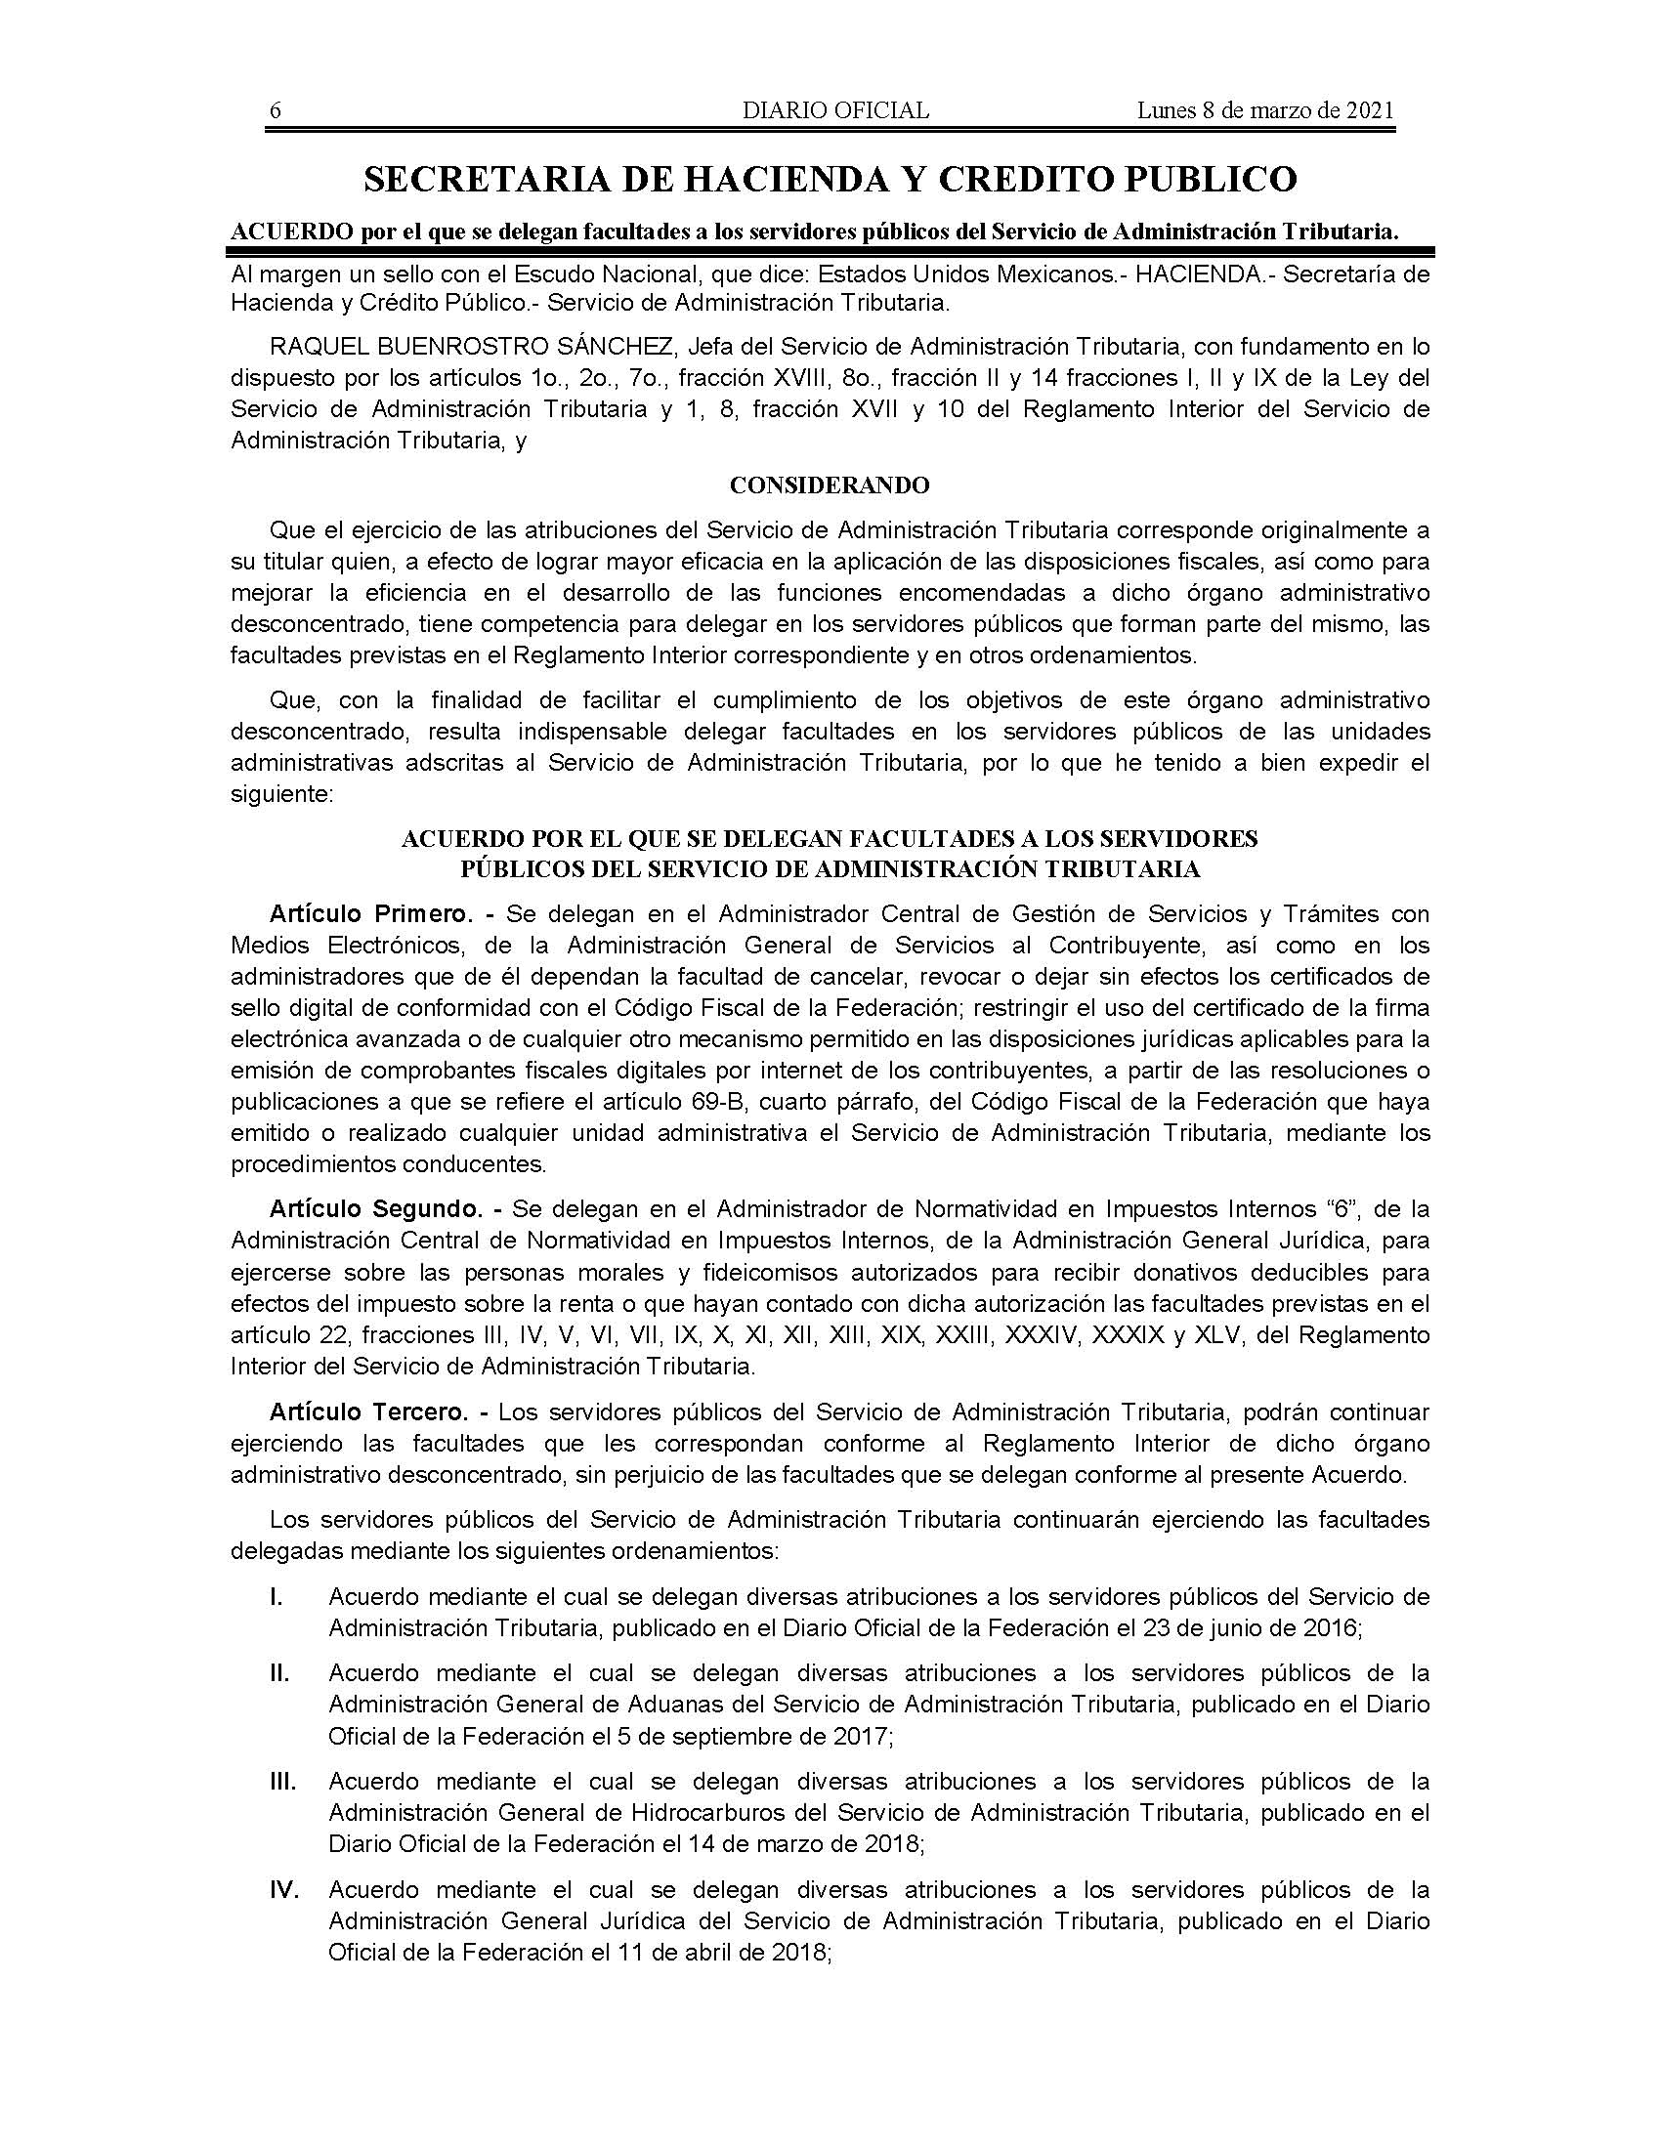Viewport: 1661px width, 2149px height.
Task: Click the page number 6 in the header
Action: (276, 110)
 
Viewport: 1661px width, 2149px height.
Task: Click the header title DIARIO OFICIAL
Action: (835, 110)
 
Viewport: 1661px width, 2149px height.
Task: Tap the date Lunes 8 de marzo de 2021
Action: (1265, 110)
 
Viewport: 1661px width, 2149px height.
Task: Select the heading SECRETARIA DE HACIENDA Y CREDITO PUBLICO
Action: (830, 179)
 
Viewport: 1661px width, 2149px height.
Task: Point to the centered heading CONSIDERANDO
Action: (830, 485)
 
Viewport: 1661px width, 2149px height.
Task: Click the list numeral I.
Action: (276, 1596)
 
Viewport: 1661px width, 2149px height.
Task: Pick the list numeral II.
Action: (278, 1672)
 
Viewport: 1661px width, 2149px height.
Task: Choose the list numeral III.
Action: (281, 1781)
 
